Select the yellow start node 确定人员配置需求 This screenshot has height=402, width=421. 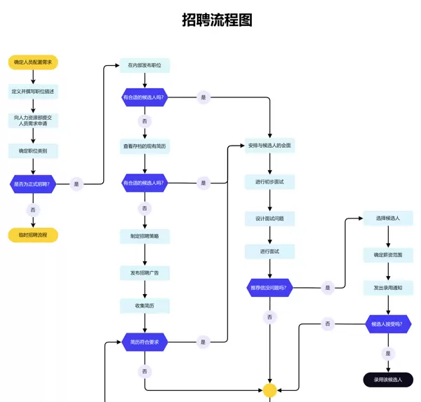[x=33, y=62]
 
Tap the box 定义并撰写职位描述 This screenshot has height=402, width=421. [x=33, y=92]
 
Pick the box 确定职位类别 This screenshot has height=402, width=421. [x=33, y=151]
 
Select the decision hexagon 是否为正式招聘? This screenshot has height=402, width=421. [x=33, y=184]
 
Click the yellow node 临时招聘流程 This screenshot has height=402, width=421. [x=33, y=235]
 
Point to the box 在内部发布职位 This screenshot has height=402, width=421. [x=145, y=65]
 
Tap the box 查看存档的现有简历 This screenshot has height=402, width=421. [x=145, y=146]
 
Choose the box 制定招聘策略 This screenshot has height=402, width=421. [x=145, y=236]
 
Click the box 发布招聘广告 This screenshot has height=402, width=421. [x=145, y=272]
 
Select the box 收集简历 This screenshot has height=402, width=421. [x=145, y=306]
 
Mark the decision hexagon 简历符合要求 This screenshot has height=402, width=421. [x=145, y=342]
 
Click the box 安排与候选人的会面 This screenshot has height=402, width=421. [x=270, y=146]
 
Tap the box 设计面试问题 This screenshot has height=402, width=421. [x=270, y=219]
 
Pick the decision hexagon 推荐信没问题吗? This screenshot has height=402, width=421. [x=270, y=287]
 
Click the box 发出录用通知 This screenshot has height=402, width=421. [x=388, y=288]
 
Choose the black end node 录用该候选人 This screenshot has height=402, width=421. [x=388, y=380]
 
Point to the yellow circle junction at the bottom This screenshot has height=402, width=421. [x=270, y=390]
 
